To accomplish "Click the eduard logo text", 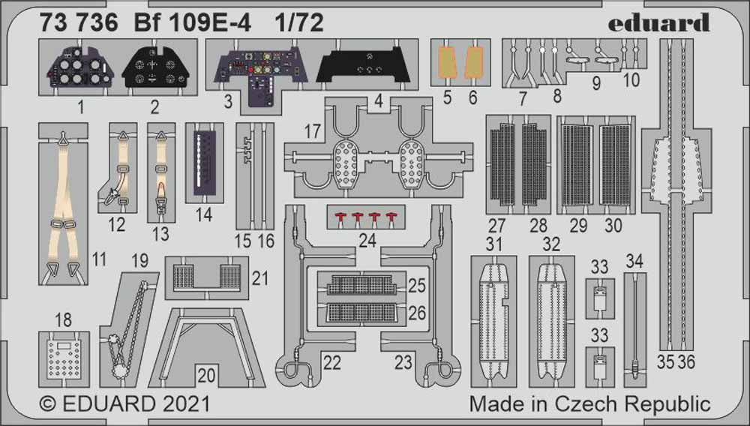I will point(658,22).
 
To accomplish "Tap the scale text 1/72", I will point(299,23).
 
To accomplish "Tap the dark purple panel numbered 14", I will point(202,162).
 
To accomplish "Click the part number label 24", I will point(367,241).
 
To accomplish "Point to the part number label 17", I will point(312,132).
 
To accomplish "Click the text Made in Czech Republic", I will point(589,404).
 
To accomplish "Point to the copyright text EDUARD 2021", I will point(124,404).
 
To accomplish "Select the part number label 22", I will point(331,363).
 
